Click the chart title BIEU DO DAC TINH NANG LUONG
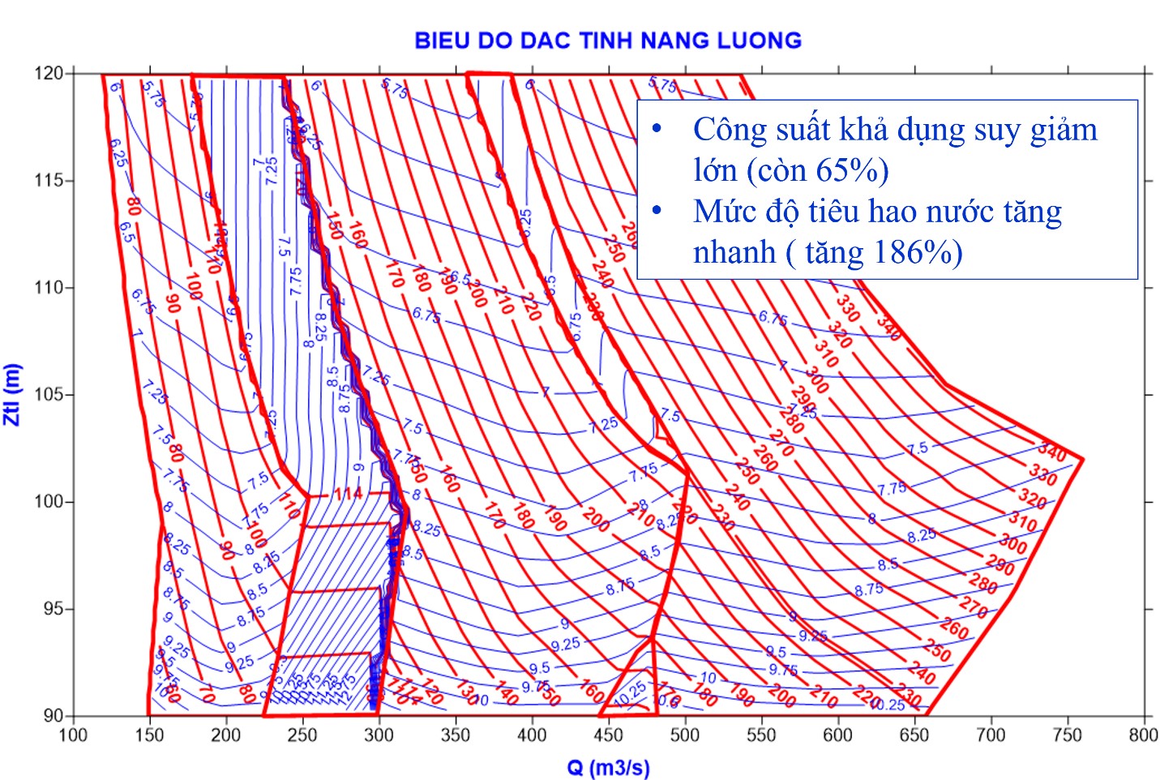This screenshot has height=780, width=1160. [608, 41]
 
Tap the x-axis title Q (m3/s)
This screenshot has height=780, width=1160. [608, 767]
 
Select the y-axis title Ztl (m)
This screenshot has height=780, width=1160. [12, 394]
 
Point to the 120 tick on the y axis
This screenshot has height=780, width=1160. [49, 74]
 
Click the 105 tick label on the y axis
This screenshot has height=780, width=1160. [49, 395]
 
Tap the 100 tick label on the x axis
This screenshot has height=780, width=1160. [74, 735]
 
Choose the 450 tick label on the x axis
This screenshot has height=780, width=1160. [608, 735]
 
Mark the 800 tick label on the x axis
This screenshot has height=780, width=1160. [1143, 735]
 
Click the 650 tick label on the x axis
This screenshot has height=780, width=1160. [914, 735]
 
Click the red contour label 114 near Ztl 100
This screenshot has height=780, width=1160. [348, 494]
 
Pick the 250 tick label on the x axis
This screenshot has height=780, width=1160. [302, 735]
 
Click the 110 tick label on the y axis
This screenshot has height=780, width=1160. [49, 288]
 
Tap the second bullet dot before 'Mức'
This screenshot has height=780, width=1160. [657, 212]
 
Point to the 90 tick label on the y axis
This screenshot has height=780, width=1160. [54, 716]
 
